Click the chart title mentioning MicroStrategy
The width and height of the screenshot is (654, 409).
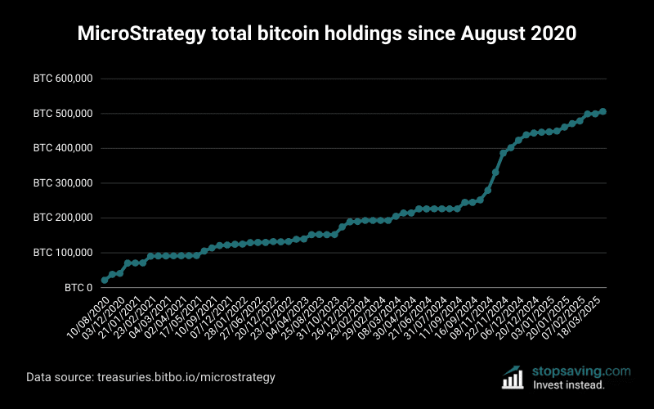pos(327,34)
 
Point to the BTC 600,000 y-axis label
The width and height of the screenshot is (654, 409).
pos(63,79)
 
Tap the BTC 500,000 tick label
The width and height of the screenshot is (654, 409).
pos(63,114)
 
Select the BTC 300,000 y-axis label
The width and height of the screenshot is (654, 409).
pos(63,183)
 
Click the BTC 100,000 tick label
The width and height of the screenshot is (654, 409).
pos(63,253)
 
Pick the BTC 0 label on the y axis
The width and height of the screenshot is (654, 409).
pos(78,288)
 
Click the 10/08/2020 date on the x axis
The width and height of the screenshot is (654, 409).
pos(87,316)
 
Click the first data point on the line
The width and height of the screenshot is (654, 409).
pos(105,280)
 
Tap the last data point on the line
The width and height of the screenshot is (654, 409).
pos(602,111)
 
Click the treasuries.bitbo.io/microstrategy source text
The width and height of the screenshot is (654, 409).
pos(193,377)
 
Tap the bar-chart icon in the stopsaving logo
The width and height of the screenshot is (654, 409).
pos(513,377)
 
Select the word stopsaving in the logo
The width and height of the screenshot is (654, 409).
pos(567,371)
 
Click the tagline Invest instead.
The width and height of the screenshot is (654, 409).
pos(568,384)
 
